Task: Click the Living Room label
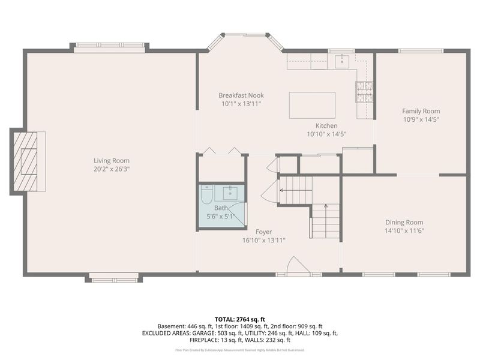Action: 112,160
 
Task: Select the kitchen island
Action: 312,105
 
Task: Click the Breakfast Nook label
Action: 241,95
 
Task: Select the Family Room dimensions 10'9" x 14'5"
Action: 421,119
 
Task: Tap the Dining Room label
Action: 404,222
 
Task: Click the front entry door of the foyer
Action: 298,268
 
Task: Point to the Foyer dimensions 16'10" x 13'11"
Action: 263,240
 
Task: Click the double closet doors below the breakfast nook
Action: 221,151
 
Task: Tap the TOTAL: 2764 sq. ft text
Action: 240,319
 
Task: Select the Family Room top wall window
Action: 421,51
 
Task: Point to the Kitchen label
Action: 326,126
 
